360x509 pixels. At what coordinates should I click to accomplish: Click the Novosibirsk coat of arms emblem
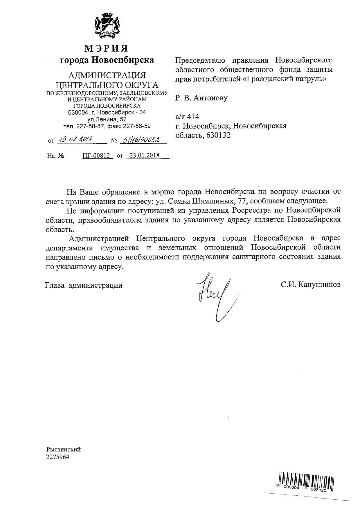(107, 26)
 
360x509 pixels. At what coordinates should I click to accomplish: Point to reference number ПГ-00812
(97, 155)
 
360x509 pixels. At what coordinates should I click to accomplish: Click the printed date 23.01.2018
(145, 155)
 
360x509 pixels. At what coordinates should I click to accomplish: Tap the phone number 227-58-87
(90, 126)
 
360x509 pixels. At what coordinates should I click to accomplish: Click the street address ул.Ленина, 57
(107, 119)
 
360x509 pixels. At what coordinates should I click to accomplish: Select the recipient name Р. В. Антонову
(201, 98)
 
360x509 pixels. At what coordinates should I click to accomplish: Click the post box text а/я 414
(187, 117)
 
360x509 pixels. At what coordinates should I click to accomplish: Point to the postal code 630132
(219, 135)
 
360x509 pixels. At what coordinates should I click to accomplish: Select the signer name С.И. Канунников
(310, 285)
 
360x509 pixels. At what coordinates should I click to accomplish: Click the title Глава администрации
(84, 285)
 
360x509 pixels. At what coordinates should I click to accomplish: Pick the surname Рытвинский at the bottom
(63, 450)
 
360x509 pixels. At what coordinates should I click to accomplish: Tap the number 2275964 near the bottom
(58, 457)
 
